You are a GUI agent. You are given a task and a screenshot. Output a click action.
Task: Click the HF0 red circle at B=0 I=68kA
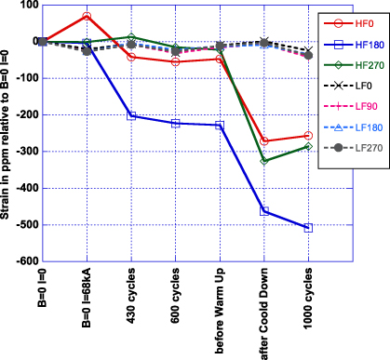tap(87, 17)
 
